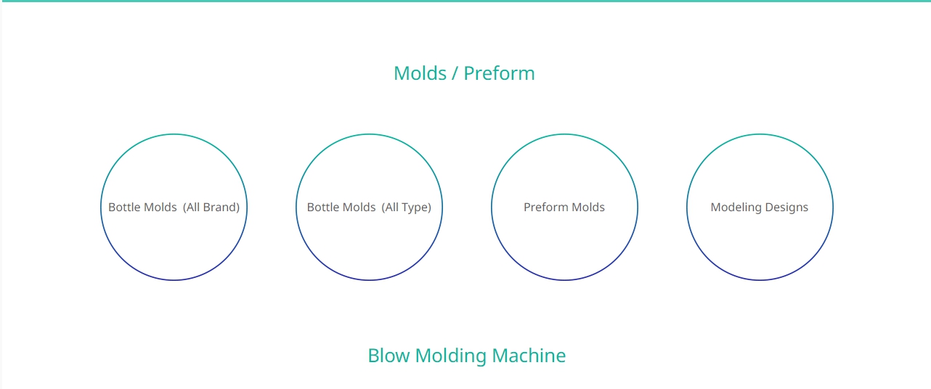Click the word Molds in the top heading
click(x=420, y=73)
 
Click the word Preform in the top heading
click(x=499, y=73)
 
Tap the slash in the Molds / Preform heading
click(x=455, y=73)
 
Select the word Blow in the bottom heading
click(x=389, y=356)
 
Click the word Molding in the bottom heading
click(x=450, y=356)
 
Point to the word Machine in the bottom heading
click(x=529, y=356)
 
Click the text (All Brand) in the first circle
click(x=211, y=207)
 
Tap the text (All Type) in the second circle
click(x=407, y=208)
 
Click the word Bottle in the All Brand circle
click(x=122, y=207)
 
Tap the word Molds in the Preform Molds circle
click(x=588, y=207)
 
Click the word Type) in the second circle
click(x=416, y=208)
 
